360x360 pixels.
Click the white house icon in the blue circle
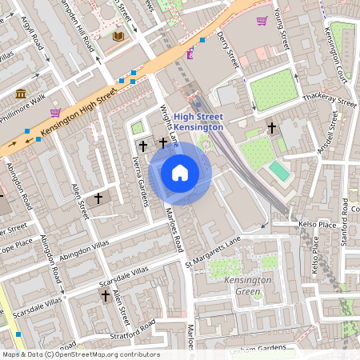[180, 173]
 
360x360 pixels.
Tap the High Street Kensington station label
[198, 122]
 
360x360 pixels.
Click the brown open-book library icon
[119, 37]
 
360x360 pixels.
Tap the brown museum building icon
[20, 95]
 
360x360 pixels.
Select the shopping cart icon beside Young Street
[262, 21]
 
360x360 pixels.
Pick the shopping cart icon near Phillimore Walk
[54, 113]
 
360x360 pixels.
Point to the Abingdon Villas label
[84, 251]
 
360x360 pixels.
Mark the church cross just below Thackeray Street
[272, 127]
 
